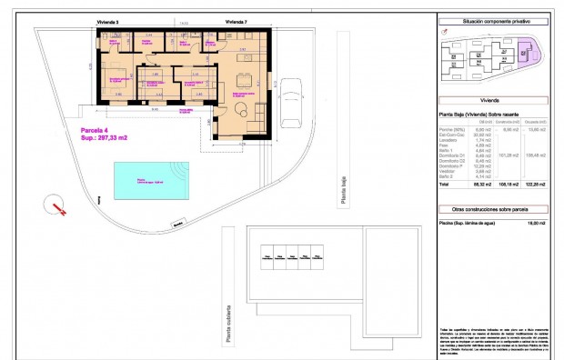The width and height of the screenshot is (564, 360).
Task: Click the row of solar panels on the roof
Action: point(292,258)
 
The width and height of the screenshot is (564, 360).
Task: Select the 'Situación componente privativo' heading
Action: point(496,20)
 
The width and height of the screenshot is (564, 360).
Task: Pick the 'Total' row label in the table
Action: point(445,184)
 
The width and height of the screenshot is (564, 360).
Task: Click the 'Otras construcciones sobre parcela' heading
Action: point(496,208)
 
